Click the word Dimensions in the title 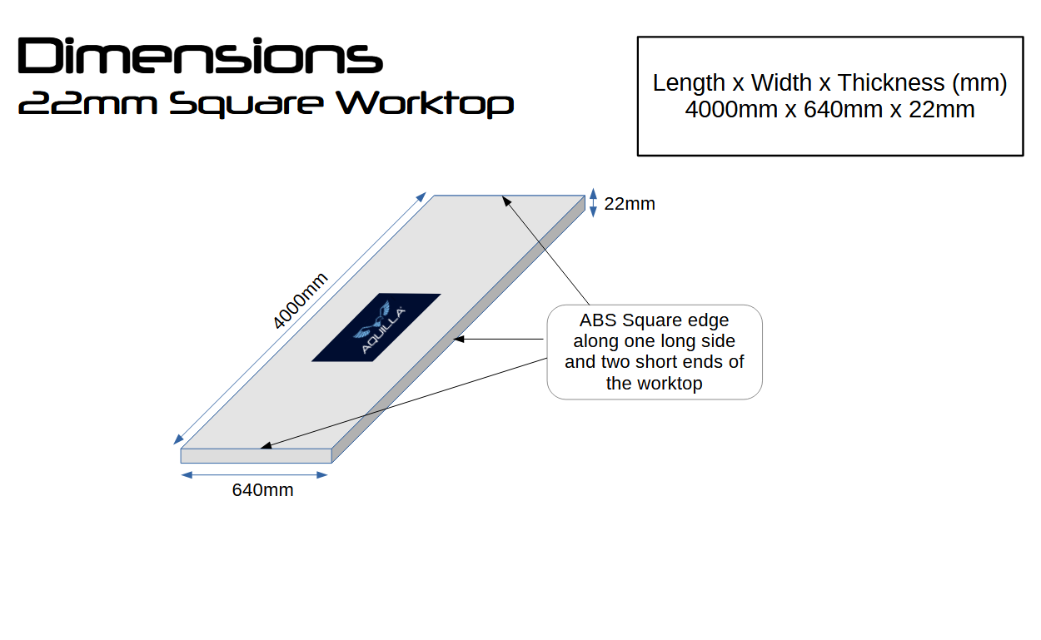point(200,56)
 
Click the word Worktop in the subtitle point(425,104)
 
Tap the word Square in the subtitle point(246,105)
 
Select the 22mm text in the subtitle point(87,103)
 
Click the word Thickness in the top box point(891,82)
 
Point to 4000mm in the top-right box point(731,110)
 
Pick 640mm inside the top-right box point(843,110)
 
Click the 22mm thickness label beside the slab point(630,204)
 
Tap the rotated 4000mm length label point(300,300)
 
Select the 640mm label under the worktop point(262,490)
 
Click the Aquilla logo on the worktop point(376,327)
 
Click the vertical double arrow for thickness point(593,202)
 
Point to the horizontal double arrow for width point(254,474)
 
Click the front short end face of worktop point(256,456)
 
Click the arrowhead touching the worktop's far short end point(506,201)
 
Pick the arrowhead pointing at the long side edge point(459,340)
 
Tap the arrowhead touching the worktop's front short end point(266,446)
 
